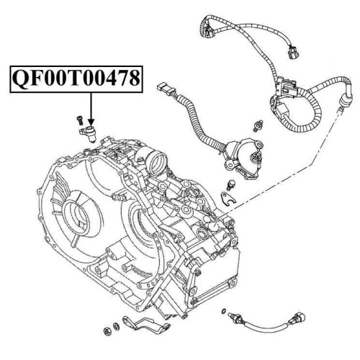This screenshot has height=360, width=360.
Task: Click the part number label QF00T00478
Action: pyautogui.click(x=76, y=78)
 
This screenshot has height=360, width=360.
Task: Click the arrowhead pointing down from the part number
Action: pyautogui.click(x=91, y=122)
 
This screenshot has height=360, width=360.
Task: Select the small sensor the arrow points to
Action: pyautogui.click(x=88, y=132)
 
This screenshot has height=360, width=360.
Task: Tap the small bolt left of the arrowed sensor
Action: pyautogui.click(x=79, y=120)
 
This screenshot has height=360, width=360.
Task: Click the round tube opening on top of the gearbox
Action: pyautogui.click(x=158, y=163)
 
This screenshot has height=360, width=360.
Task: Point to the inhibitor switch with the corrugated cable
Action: pyautogui.click(x=243, y=157)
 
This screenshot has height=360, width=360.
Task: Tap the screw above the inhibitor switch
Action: pyautogui.click(x=258, y=125)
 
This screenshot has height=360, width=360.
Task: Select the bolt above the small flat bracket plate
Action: pyautogui.click(x=231, y=184)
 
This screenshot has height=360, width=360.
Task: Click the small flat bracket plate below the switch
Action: pyautogui.click(x=228, y=198)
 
